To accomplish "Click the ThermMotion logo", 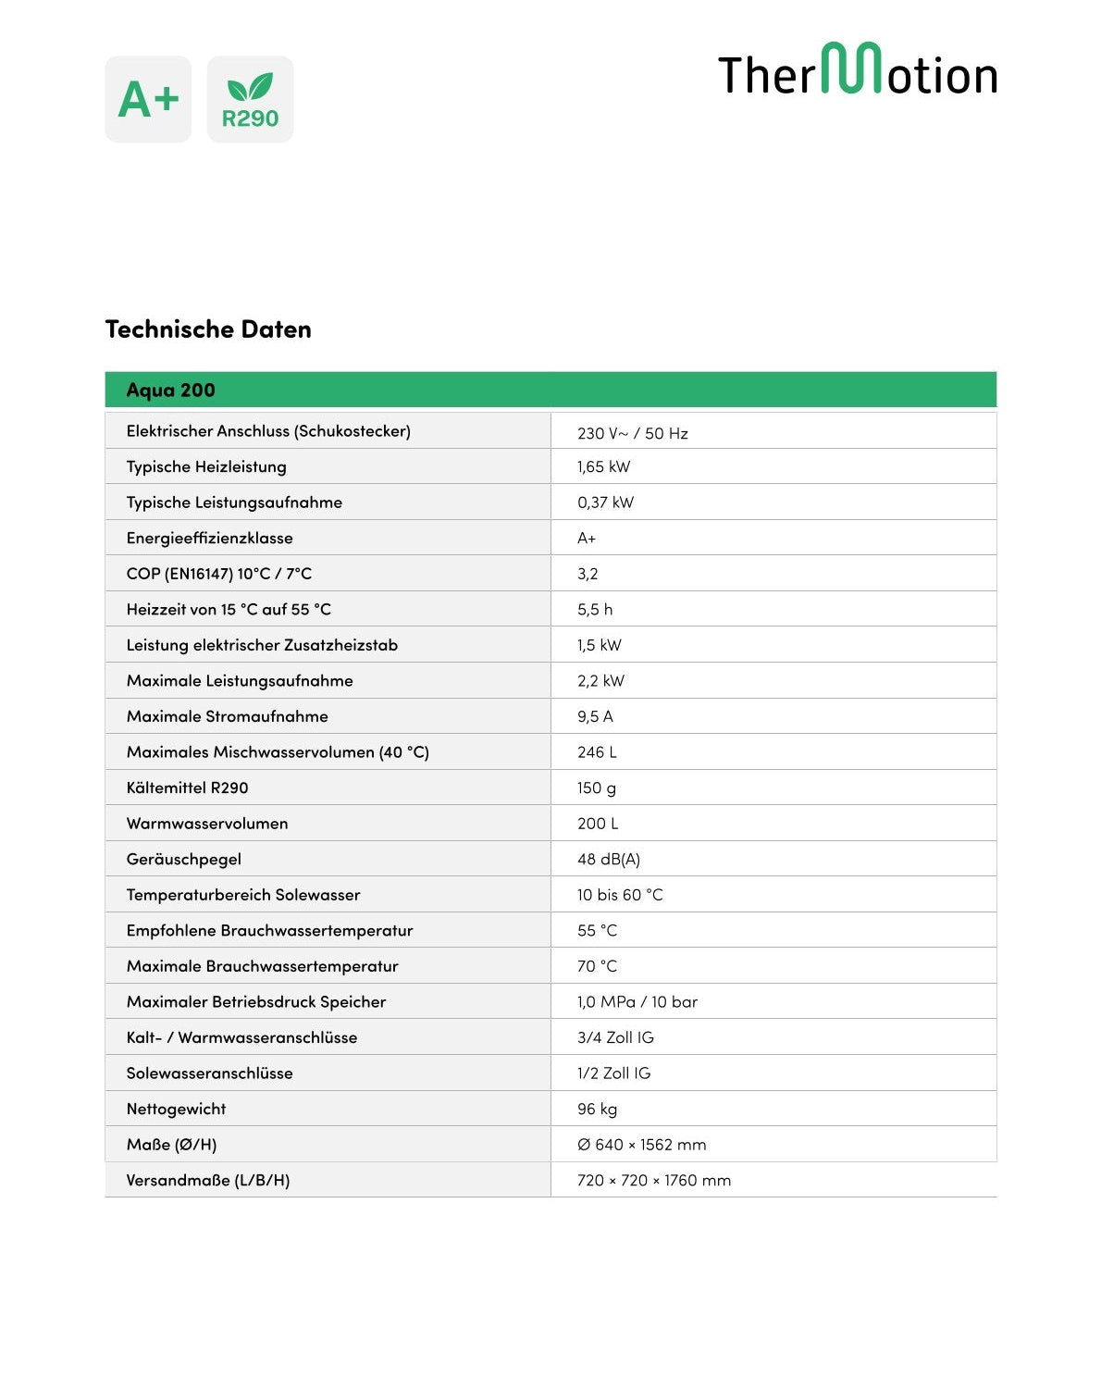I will point(858,71).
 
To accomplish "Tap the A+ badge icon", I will point(148,99).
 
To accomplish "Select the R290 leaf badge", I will point(250,99).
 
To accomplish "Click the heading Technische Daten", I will point(208,329).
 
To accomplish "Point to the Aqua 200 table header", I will point(171,391).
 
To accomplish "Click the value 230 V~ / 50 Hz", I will point(633,433).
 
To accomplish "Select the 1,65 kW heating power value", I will point(603,466).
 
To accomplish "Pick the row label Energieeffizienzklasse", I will point(210,538).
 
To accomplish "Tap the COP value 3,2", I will point(588,574).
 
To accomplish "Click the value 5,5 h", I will point(595,609).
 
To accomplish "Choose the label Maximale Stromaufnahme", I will point(228,716).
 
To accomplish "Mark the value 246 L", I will point(597,752).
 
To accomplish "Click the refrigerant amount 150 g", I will point(597,788).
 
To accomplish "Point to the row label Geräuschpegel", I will point(184,859).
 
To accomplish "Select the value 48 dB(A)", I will point(609,859).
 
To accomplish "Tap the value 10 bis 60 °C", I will point(620,895).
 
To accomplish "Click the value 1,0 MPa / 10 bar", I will point(637,1001).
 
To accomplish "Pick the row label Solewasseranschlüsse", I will point(210,1073).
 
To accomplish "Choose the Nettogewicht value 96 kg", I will point(597,1109).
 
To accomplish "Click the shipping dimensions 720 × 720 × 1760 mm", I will point(654,1180).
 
